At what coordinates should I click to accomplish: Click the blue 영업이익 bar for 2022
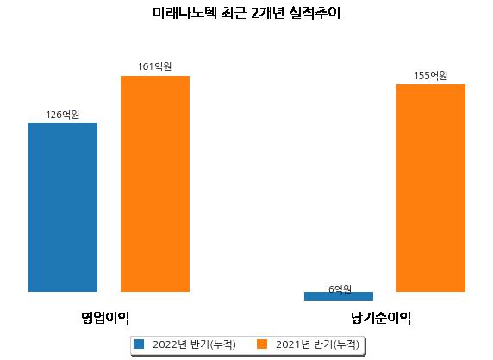tap(63, 208)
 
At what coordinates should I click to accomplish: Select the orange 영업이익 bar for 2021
tap(155, 183)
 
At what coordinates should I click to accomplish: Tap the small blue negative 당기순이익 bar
tap(339, 296)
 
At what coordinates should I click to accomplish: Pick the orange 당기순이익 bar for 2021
tap(431, 188)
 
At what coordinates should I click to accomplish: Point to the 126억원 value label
tap(63, 115)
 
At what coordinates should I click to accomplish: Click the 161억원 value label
tap(155, 66)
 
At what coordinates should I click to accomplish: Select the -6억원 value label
tap(339, 289)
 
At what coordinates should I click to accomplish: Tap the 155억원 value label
tap(431, 76)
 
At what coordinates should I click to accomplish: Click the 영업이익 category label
tap(105, 318)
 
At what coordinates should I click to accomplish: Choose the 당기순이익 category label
tap(381, 318)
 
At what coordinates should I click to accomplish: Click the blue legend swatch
tap(139, 344)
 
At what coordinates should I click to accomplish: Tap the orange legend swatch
tap(262, 344)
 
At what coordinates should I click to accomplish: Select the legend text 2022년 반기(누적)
tap(194, 344)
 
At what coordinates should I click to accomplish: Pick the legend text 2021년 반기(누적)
tap(317, 344)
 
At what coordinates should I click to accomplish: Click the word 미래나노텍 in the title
tap(184, 13)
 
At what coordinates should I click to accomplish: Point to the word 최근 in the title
tap(234, 13)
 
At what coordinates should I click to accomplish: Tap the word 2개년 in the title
tap(268, 13)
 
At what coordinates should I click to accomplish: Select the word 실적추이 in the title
tap(315, 13)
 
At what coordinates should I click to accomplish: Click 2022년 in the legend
tap(170, 344)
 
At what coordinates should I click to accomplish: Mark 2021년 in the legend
tap(293, 344)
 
